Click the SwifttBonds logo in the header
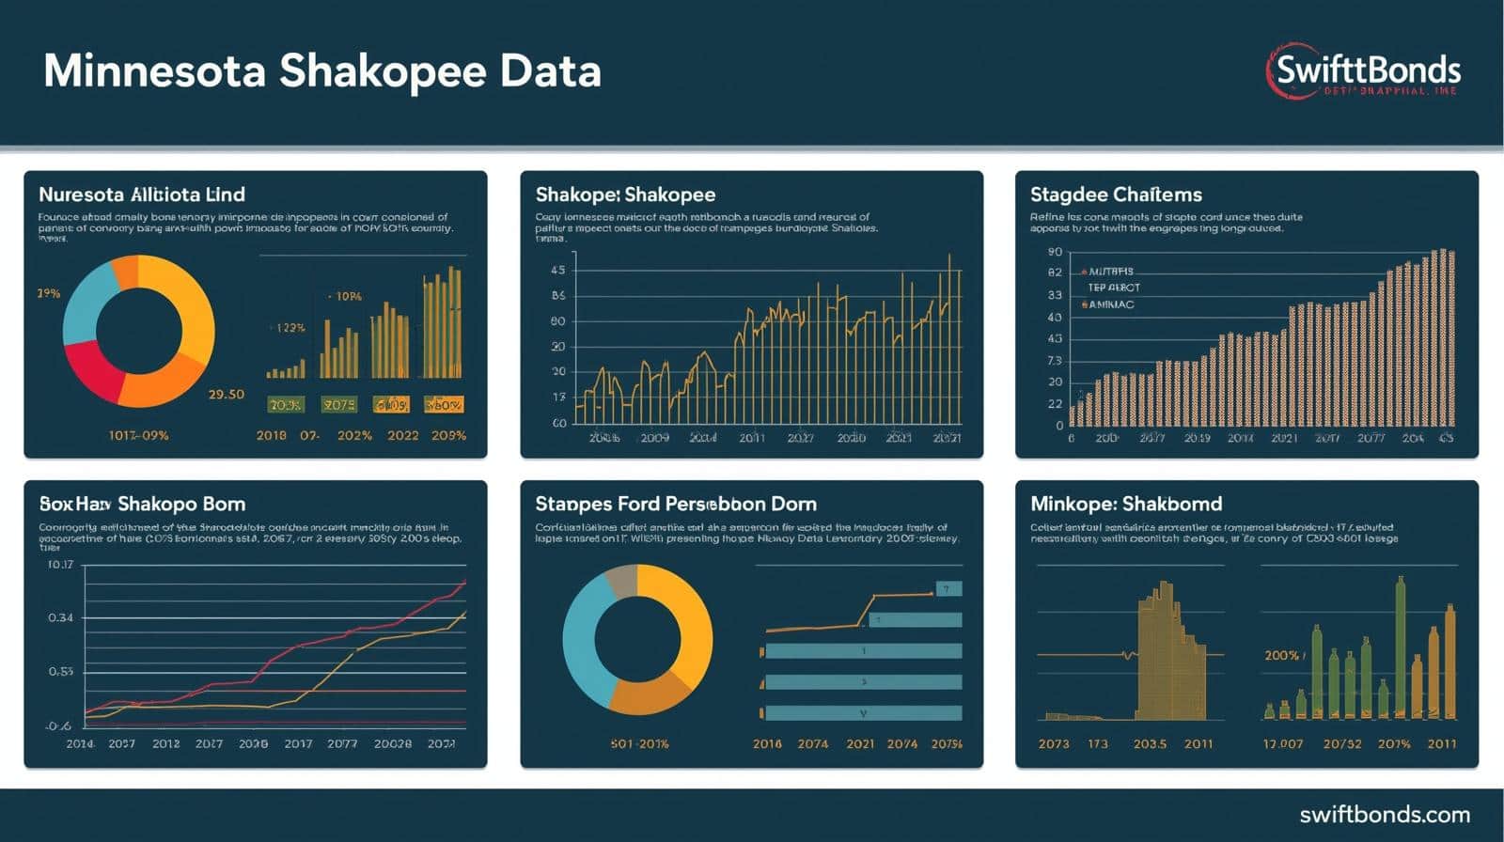point(1365,71)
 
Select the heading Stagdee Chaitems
point(1116,195)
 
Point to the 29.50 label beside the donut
point(226,395)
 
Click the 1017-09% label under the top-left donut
point(138,436)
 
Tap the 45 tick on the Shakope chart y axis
point(557,271)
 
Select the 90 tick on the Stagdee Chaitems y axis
point(1055,252)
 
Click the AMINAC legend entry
point(1110,304)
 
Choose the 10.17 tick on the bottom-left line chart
point(59,565)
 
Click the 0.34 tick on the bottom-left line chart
point(60,618)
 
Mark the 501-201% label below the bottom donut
point(639,744)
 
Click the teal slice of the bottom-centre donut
point(580,648)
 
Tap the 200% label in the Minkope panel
point(1282,655)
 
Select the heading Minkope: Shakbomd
point(1126,504)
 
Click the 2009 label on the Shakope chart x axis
point(654,438)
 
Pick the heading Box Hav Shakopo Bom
point(142,504)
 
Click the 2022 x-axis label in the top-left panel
point(402,436)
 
